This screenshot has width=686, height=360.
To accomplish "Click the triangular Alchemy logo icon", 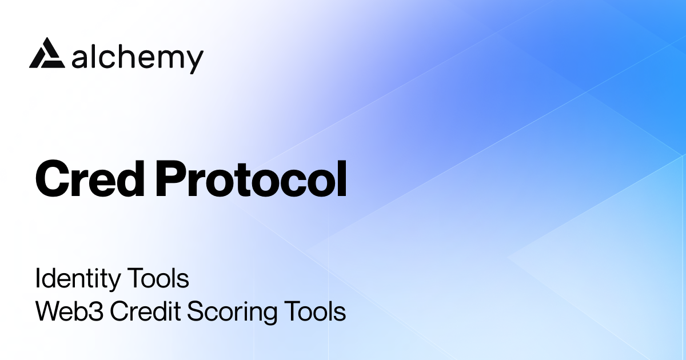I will (x=46, y=54).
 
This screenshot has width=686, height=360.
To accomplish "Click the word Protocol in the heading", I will (x=252, y=178).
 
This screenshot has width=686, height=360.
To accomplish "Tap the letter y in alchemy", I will (x=194, y=61).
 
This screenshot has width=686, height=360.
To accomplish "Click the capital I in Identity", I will (x=38, y=279).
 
